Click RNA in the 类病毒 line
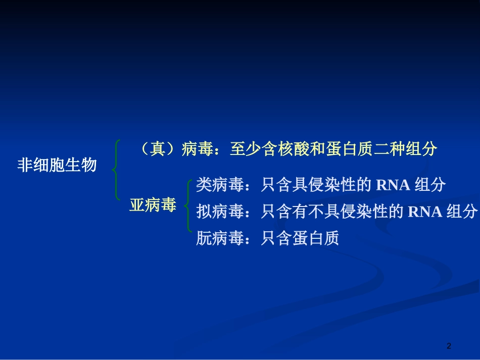click(393, 185)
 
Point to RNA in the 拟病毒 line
click(425, 212)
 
